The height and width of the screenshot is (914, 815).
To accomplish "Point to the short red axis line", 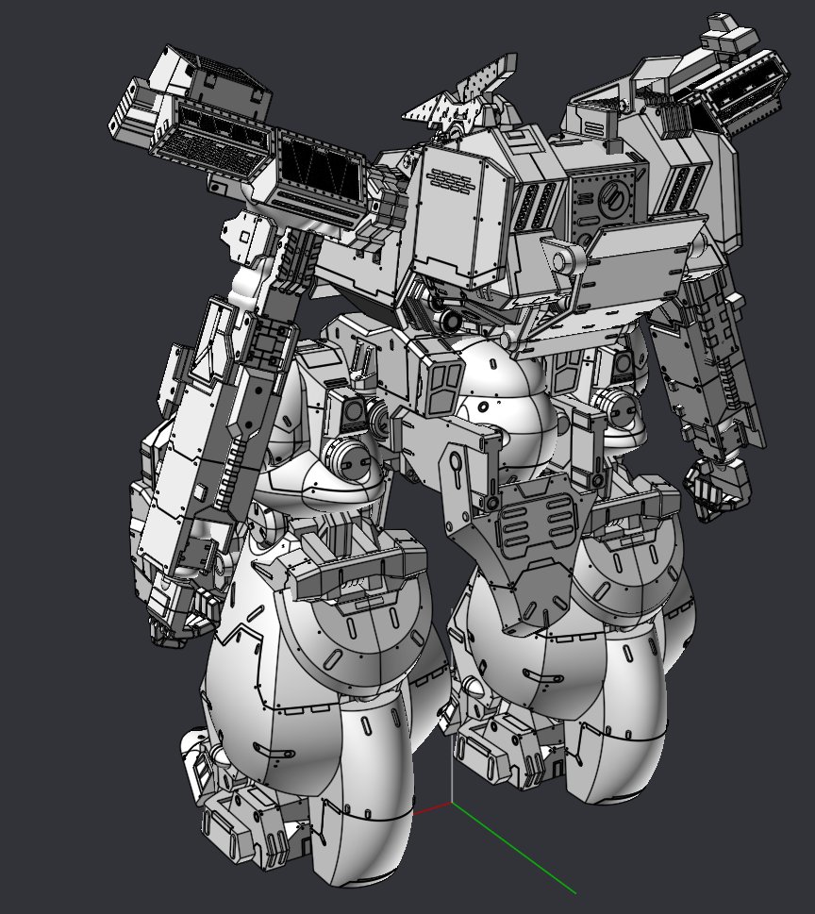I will click(x=433, y=807).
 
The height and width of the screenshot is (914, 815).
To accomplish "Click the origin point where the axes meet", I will click(x=452, y=803).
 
